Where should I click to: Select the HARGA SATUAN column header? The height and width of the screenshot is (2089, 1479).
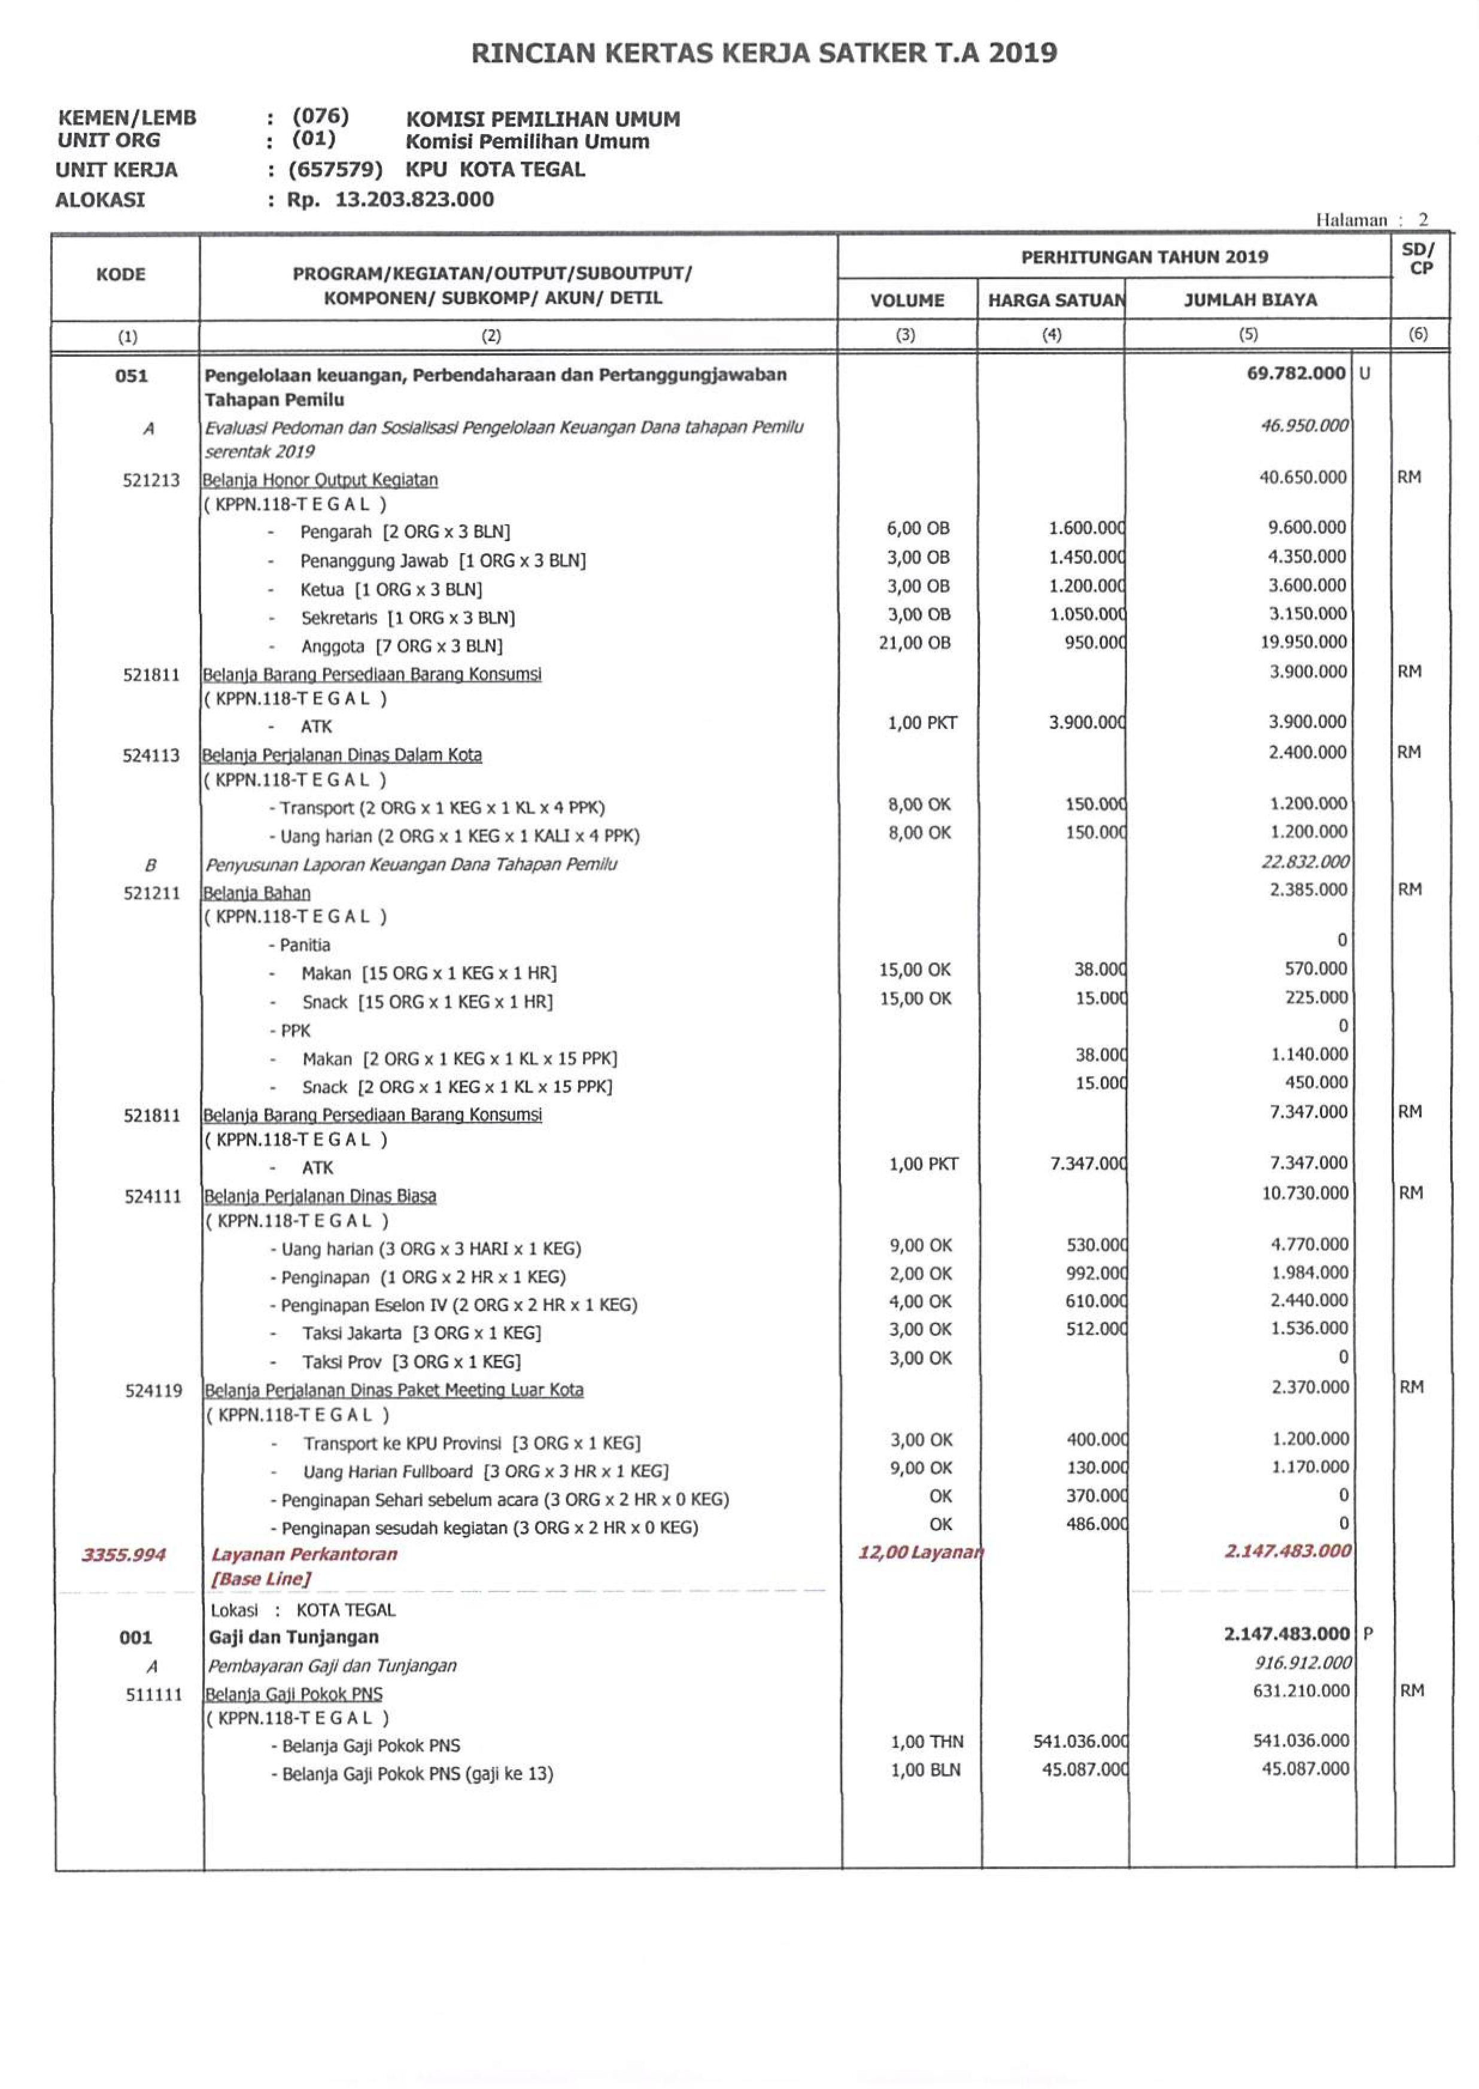[x=1055, y=300]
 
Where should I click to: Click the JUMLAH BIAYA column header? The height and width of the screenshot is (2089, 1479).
[x=1250, y=300]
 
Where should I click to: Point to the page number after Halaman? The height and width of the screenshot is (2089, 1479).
[x=1423, y=220]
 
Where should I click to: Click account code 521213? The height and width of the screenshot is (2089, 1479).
[x=151, y=480]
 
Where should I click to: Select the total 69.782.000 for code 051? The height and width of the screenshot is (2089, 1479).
[x=1295, y=374]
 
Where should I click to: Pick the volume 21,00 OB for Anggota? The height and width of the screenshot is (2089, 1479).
[x=915, y=643]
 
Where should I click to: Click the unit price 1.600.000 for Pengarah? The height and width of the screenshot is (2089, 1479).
[x=1086, y=528]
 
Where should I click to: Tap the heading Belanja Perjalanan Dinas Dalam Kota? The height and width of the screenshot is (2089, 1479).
[x=342, y=755]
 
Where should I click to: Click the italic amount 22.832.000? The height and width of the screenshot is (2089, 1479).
[x=1304, y=861]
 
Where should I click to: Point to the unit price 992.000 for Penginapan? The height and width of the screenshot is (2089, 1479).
[x=1095, y=1273]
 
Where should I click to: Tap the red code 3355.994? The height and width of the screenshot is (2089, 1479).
[x=124, y=1554]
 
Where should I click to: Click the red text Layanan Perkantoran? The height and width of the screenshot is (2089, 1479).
[x=304, y=1554]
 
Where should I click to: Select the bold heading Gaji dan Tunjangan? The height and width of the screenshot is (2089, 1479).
[x=293, y=1636]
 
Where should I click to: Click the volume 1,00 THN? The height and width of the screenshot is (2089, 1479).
[x=926, y=1741]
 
